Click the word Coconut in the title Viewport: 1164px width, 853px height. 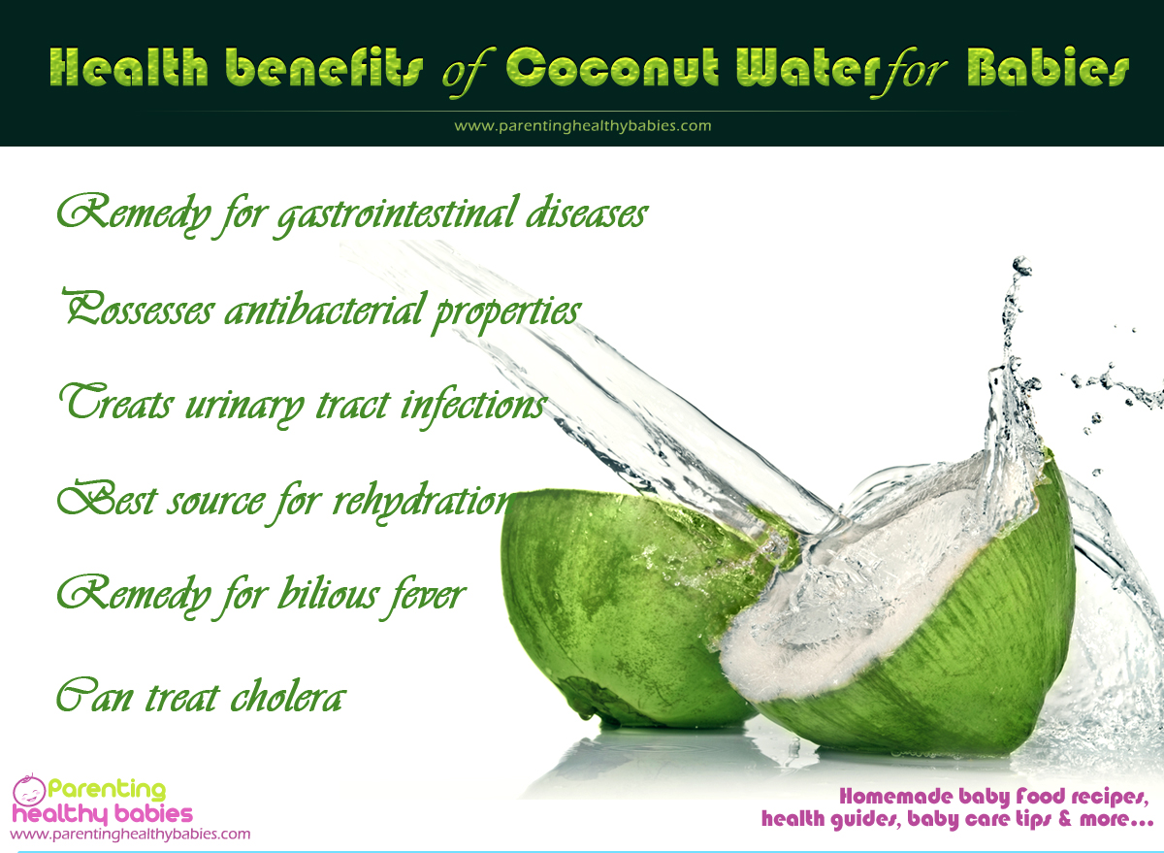(613, 67)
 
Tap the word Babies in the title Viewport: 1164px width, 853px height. (1048, 67)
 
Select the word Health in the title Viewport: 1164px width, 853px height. (128, 67)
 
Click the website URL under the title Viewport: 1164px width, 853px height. (583, 126)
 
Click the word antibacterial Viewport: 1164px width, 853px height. (322, 310)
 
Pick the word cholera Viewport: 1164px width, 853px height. (288, 696)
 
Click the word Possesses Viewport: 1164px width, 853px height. (138, 309)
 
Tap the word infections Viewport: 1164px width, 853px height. (473, 407)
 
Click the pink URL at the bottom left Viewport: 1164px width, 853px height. (130, 834)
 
